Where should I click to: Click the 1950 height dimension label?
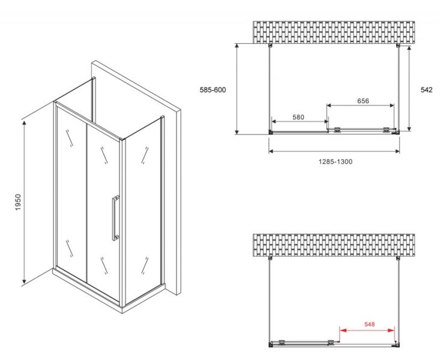[18, 202]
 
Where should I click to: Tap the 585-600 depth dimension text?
[212, 90]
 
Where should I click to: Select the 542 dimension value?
[427, 90]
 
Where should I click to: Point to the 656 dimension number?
[363, 101]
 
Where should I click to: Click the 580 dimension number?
[298, 117]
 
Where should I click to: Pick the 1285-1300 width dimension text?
[336, 161]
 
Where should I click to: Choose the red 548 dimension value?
[370, 325]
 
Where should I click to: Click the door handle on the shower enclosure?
[115, 218]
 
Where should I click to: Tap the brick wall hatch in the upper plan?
[334, 32]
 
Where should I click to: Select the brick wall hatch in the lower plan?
[334, 245]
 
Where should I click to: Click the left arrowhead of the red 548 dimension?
[342, 331]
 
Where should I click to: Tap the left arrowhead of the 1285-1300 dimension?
[271, 151]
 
